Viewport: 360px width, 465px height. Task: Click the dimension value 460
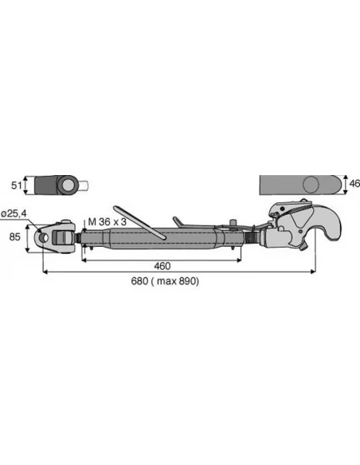point(162,266)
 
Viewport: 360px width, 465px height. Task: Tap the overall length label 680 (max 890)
point(165,281)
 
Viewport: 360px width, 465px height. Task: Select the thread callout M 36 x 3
point(107,222)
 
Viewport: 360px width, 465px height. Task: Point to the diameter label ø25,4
point(14,213)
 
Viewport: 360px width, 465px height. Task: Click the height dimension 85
point(15,237)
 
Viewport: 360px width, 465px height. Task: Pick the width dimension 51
point(16,186)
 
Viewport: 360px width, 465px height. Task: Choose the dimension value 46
point(354,184)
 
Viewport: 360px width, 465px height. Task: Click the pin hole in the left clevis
point(44,237)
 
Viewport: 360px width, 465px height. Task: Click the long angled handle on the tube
point(139,221)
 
